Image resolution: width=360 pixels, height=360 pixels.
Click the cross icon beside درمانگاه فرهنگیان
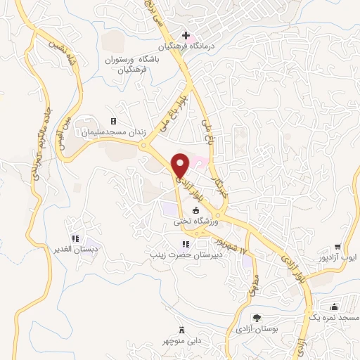pos(186,36)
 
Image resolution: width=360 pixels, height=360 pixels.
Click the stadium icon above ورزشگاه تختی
pos(196,211)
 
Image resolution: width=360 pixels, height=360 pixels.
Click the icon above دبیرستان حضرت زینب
pos(176,243)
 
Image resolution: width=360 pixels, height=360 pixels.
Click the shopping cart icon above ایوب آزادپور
pos(337,247)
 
